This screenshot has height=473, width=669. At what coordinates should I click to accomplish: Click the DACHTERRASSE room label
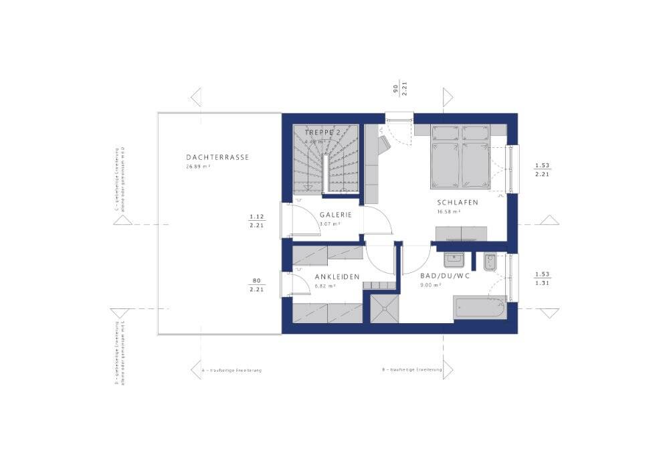click(x=217, y=158)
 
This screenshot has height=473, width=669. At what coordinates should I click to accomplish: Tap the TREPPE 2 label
click(x=322, y=133)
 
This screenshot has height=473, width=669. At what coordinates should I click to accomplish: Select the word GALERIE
click(x=335, y=215)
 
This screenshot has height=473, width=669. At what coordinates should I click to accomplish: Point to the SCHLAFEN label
click(x=458, y=203)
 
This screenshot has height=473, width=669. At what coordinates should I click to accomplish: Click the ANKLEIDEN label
click(x=337, y=276)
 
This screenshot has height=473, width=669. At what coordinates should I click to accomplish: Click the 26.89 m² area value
click(x=199, y=167)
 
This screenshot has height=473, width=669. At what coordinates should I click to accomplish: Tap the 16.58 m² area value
click(x=448, y=212)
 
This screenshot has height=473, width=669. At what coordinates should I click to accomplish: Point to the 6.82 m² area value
click(x=325, y=285)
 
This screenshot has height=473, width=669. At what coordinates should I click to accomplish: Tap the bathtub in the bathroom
click(x=480, y=308)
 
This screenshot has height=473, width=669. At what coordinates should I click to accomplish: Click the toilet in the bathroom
click(x=489, y=263)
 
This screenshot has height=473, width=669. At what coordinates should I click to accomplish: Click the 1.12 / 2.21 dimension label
click(x=256, y=221)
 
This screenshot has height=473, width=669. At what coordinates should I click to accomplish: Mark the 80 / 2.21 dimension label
click(x=256, y=285)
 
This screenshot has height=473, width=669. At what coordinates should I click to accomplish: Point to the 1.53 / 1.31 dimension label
click(x=542, y=278)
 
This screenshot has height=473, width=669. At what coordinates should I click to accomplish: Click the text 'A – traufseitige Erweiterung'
click(x=231, y=370)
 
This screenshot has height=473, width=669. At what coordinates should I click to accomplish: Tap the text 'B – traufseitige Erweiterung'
click(x=412, y=370)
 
